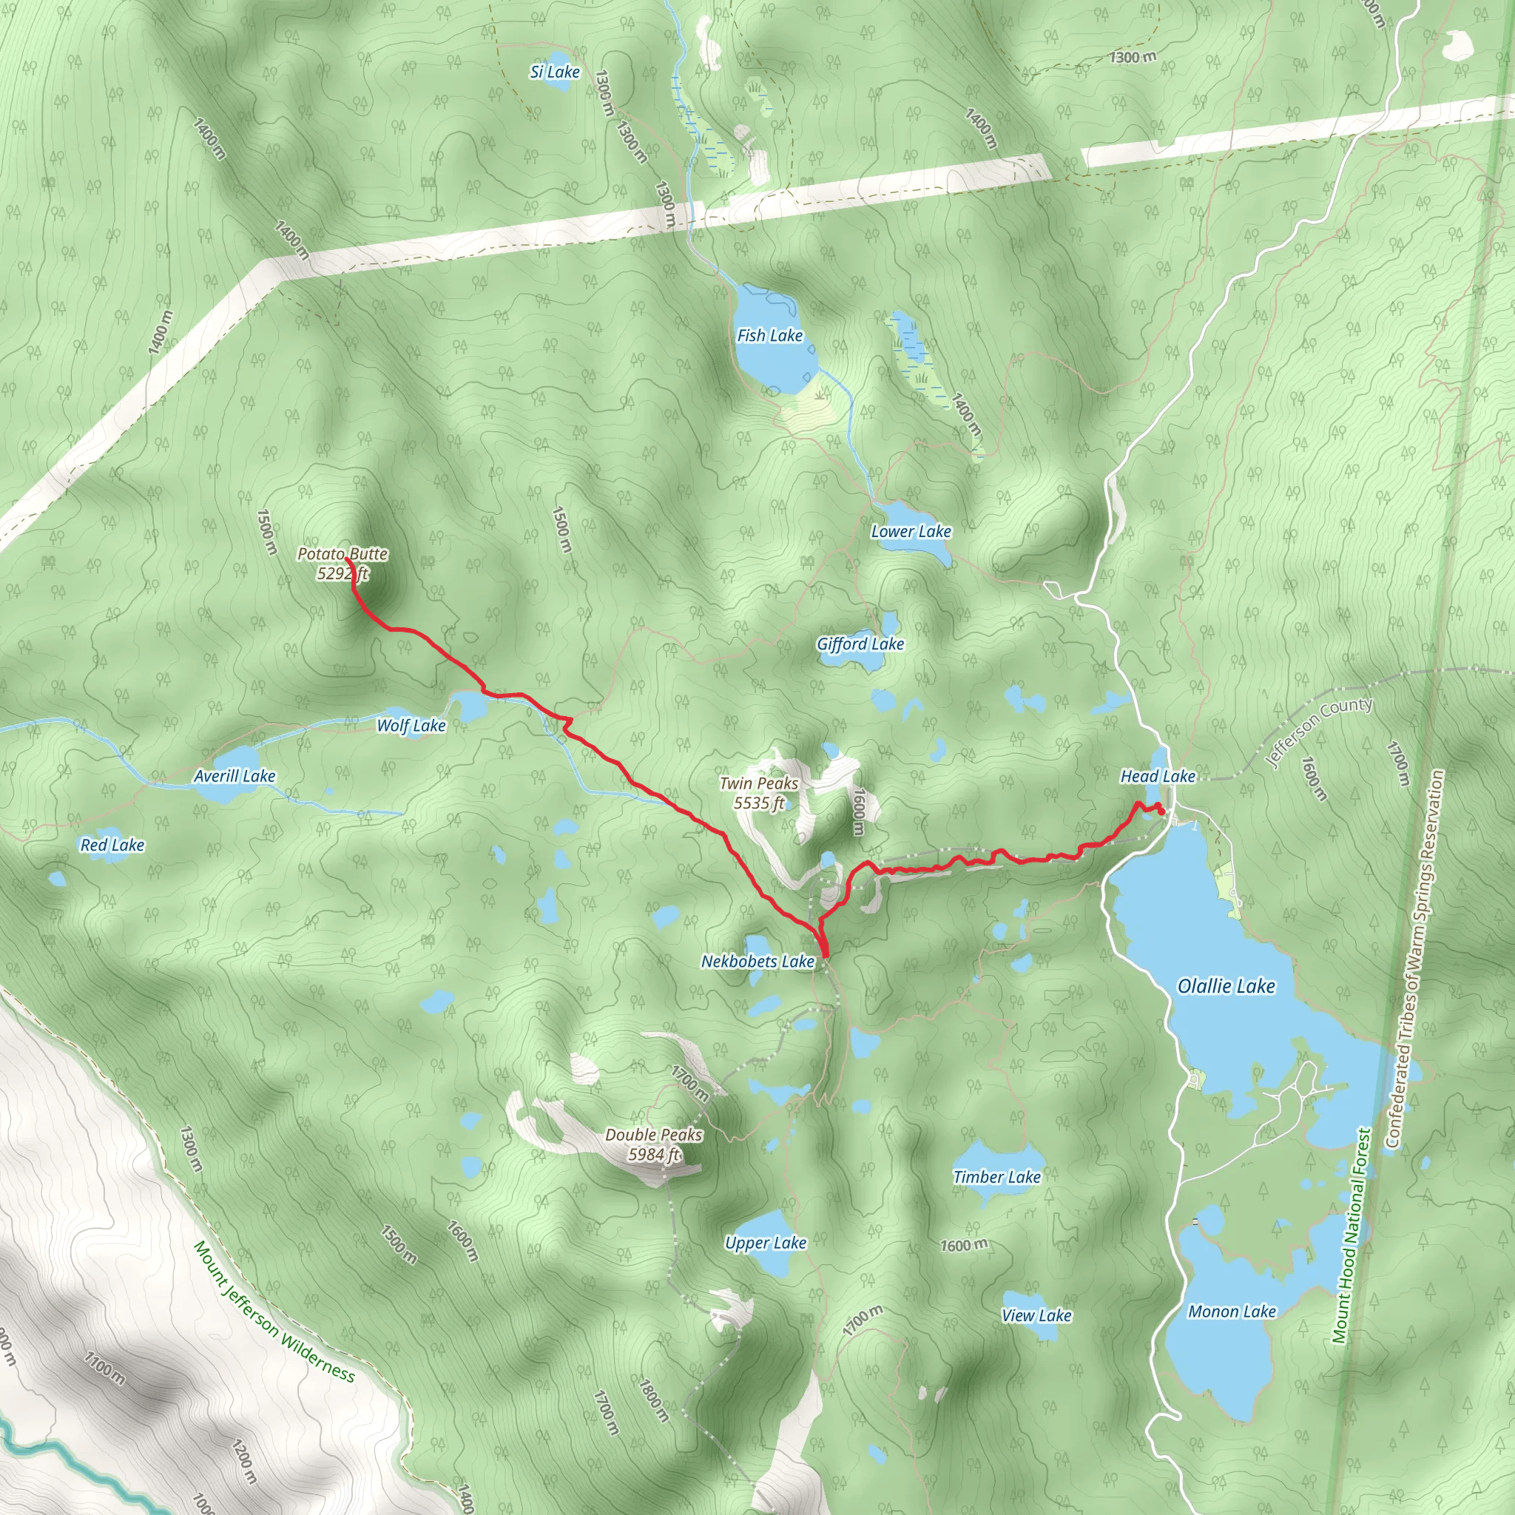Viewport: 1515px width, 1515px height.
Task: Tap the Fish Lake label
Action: [x=769, y=336]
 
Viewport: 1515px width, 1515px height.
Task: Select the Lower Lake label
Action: [x=911, y=532]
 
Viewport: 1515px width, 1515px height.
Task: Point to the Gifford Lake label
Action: [x=860, y=644]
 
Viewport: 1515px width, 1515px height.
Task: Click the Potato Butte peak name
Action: [x=343, y=554]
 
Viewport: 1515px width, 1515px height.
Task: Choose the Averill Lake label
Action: [x=234, y=776]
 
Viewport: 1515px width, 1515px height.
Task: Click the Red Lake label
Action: [x=112, y=846]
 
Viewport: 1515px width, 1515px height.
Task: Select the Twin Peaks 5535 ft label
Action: [x=759, y=793]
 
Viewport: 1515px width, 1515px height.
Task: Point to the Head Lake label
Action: [x=1158, y=776]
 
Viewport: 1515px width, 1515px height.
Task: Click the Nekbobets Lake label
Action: [x=757, y=962]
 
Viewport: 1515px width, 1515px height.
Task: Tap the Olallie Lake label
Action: [x=1226, y=987]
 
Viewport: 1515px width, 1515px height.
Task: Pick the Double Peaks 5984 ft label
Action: [x=653, y=1145]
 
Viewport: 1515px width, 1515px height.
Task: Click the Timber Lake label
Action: [x=996, y=1177]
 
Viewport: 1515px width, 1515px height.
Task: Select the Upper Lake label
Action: [x=766, y=1243]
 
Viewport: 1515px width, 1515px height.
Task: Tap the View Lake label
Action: [x=1036, y=1316]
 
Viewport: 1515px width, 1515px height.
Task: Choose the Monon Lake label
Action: [x=1232, y=1312]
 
